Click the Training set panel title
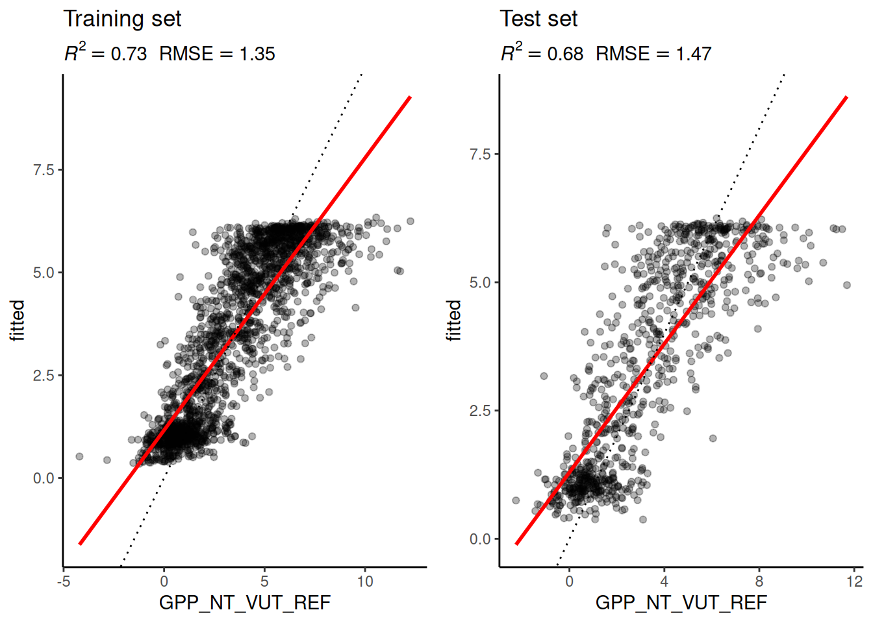click(x=122, y=19)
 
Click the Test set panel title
click(x=538, y=19)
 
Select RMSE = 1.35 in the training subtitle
click(x=217, y=54)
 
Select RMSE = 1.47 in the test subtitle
click(x=653, y=54)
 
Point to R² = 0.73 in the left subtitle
click(x=106, y=54)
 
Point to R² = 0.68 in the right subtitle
click(x=542, y=54)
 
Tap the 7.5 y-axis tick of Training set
click(x=44, y=170)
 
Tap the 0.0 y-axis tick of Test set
click(x=480, y=539)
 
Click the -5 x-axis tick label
click(x=64, y=581)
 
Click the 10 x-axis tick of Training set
click(x=365, y=581)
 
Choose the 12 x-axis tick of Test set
click(x=854, y=581)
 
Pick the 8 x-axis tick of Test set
click(x=759, y=581)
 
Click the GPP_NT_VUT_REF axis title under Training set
click(x=245, y=603)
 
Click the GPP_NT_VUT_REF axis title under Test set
click(x=681, y=603)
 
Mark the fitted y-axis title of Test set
click(x=453, y=320)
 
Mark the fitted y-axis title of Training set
click(x=17, y=320)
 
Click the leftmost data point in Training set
click(x=80, y=457)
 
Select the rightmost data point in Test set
click(x=847, y=285)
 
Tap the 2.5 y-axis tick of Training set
click(x=44, y=376)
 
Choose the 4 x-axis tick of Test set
click(x=664, y=581)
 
